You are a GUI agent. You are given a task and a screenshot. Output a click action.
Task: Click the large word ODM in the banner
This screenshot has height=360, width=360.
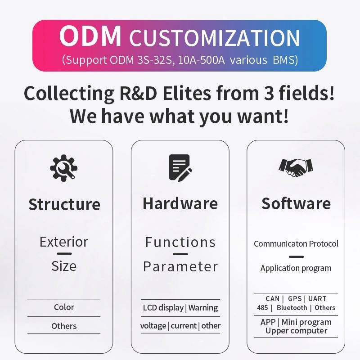pos(90,36)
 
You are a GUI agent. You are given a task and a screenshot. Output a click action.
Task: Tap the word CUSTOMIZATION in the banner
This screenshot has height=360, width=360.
pos(215,38)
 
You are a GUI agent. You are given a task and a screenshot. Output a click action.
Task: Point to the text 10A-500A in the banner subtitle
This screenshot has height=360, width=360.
pos(201,60)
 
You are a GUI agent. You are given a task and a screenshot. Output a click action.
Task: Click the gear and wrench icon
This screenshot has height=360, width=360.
pos(63,168)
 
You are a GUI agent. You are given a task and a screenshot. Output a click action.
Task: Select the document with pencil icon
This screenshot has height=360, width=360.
pos(180,168)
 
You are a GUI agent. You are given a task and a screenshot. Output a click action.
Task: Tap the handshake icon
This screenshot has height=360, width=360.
pos(296,168)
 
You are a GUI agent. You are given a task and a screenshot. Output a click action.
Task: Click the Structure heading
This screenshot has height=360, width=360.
pos(64,204)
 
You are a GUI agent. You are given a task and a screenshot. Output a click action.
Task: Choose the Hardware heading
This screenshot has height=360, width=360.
pos(180,204)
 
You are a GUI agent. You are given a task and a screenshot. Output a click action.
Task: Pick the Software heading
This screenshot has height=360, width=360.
pos(296,204)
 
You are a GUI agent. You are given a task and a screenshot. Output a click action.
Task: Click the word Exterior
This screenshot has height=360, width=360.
pos(64,242)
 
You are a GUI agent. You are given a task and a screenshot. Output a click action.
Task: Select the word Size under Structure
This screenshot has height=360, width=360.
pos(64,266)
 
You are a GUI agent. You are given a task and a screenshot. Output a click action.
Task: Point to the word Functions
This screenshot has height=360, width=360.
pos(180,242)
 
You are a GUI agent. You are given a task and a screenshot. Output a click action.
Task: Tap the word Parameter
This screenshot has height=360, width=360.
pos(180,266)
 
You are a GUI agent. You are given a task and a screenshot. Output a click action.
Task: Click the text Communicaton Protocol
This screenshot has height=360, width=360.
pos(296,243)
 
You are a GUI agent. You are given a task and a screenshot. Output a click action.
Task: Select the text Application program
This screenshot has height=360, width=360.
pos(296,268)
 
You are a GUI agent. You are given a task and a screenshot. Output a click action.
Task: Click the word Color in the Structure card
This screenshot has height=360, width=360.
pos(64,307)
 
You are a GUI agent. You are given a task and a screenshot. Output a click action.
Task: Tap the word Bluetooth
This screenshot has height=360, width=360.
pos(292,308)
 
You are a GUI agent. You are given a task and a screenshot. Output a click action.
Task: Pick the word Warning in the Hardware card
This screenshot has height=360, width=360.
pos(203,308)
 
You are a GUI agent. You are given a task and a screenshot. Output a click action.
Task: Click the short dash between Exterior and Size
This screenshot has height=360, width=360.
pos(64,254)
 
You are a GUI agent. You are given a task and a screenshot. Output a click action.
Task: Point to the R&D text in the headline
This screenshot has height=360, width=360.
pos(139,93)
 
